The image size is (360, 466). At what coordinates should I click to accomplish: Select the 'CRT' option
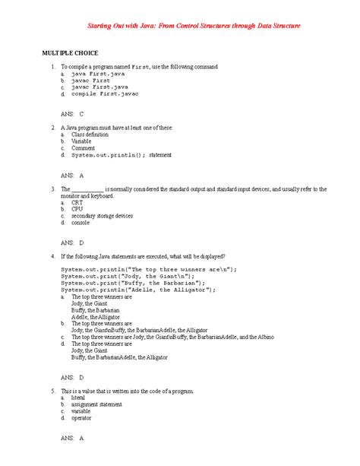[77, 202]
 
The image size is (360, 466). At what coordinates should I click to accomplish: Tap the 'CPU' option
[77, 209]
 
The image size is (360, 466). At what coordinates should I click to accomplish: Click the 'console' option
[81, 223]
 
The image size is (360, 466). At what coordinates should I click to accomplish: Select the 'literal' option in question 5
[79, 397]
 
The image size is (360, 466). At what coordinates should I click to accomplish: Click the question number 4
[52, 256]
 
